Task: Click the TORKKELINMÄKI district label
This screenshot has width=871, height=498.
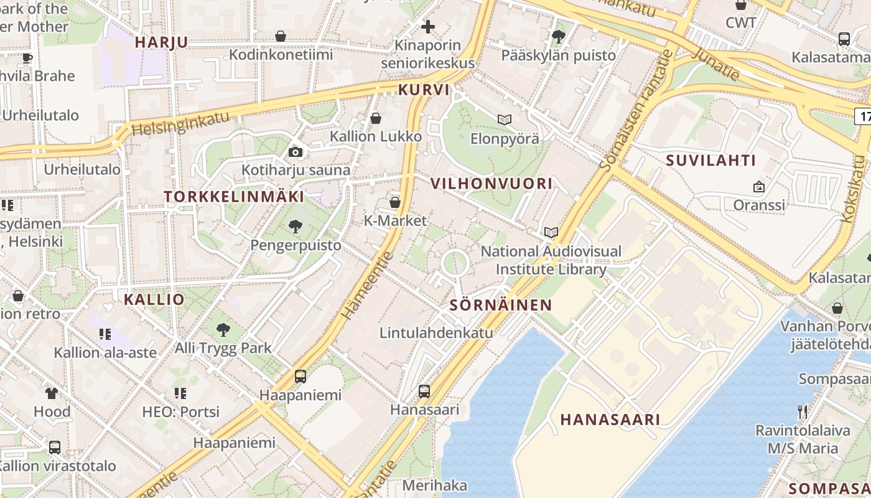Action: (x=234, y=196)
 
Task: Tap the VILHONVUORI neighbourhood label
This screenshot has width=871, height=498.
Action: (x=491, y=183)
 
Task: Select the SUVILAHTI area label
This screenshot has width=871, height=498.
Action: (x=711, y=160)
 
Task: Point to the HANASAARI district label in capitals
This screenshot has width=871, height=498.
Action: (x=610, y=419)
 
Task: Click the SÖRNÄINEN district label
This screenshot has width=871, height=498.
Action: (x=500, y=304)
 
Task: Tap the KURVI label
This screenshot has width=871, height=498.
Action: (x=424, y=89)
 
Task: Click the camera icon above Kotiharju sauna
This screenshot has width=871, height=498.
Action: (x=296, y=152)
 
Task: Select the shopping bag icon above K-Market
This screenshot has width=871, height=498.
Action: (x=394, y=202)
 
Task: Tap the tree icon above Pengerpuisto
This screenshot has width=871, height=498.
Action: (x=296, y=227)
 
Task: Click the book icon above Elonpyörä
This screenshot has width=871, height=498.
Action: (x=504, y=120)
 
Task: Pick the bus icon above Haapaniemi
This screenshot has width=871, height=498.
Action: (x=300, y=377)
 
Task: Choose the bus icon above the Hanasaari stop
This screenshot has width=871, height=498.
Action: (x=424, y=392)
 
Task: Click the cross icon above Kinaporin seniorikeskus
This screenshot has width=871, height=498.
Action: (x=428, y=27)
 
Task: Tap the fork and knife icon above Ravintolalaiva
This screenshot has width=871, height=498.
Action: (x=803, y=411)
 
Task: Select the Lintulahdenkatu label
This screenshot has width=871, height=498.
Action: (x=436, y=332)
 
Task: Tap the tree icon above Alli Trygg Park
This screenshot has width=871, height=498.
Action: (x=223, y=329)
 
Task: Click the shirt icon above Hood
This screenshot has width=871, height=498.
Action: (x=52, y=393)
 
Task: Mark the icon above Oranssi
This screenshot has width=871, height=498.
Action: (x=758, y=186)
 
